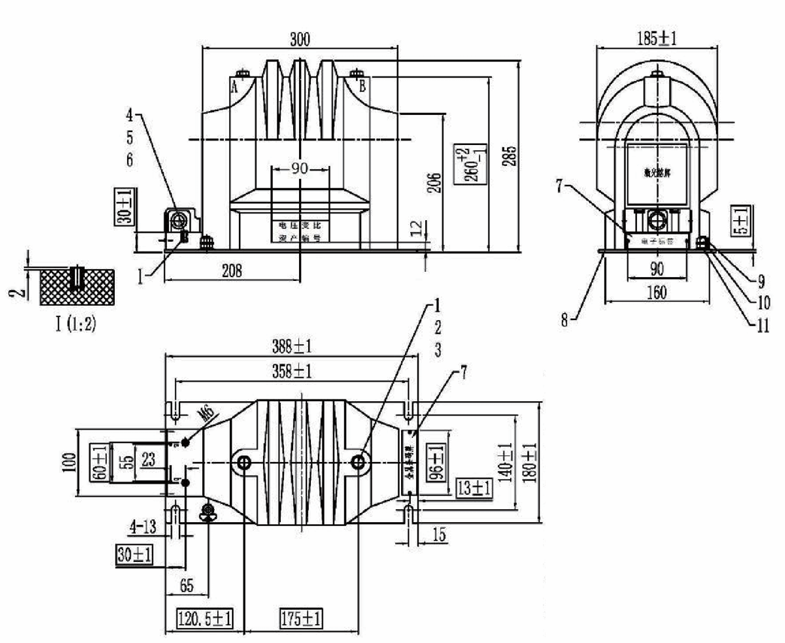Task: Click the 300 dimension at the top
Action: (300, 38)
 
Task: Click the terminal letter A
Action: (234, 86)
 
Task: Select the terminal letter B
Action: (363, 86)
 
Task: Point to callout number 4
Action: (130, 116)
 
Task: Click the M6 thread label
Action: (204, 414)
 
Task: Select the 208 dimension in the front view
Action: (231, 272)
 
